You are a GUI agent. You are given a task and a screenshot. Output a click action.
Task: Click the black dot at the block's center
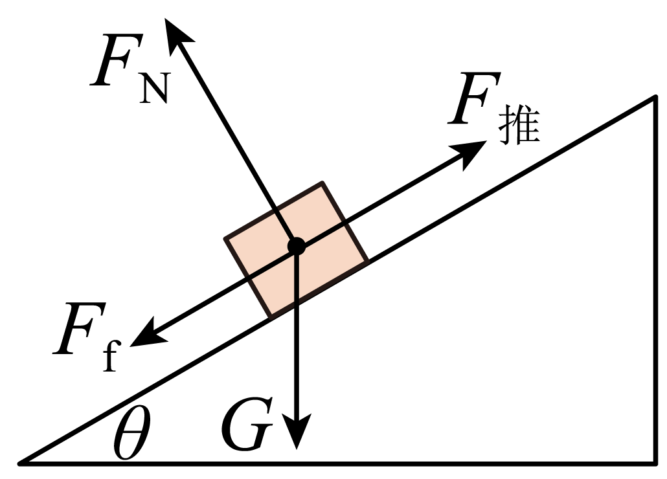(x=297, y=246)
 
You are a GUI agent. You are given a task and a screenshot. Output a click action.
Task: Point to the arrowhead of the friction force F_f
(x=147, y=335)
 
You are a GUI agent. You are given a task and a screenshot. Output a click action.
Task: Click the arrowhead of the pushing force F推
(x=470, y=153)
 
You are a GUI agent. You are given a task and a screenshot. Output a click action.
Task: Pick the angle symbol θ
(x=132, y=432)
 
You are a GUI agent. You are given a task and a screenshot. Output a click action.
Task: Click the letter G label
(x=247, y=424)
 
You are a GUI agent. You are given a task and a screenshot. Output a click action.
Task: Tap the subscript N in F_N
(x=154, y=89)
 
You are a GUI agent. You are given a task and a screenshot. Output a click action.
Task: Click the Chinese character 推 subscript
(x=519, y=127)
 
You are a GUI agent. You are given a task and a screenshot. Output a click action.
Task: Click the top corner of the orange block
(x=322, y=183)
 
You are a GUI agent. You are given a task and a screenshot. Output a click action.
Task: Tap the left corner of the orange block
(x=225, y=238)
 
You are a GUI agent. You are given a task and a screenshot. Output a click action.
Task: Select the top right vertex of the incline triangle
(x=655, y=97)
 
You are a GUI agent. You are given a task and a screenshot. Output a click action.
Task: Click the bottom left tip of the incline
(x=19, y=463)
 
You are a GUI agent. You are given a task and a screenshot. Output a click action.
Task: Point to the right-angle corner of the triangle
(x=655, y=462)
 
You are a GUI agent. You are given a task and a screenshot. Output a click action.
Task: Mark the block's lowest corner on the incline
(x=271, y=317)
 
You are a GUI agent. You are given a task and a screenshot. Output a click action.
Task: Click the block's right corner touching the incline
(x=368, y=261)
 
